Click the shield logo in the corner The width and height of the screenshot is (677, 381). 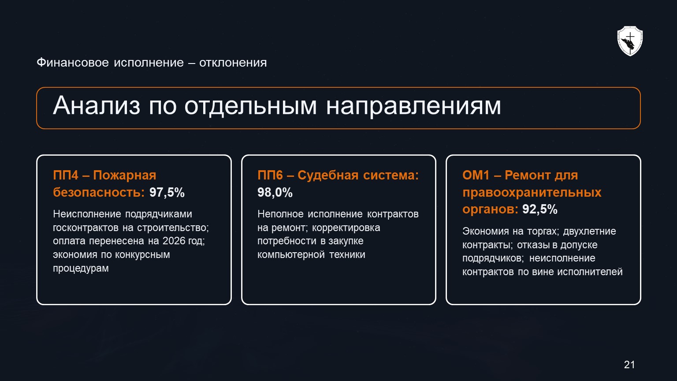point(630,41)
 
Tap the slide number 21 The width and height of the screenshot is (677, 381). point(629,365)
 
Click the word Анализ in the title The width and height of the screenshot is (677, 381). point(97,105)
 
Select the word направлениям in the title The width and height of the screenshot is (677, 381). point(413,106)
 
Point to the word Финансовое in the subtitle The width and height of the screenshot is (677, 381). point(73,63)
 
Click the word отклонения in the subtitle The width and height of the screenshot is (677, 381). point(233,63)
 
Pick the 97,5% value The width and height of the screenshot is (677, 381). point(167,192)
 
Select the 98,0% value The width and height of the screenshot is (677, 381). point(275,192)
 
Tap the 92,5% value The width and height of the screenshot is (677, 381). point(540,209)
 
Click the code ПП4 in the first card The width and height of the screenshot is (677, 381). point(66,175)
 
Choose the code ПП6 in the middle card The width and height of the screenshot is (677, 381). point(270,175)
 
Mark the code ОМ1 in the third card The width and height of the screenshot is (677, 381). point(476,175)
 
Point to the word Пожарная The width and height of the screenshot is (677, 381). point(125,176)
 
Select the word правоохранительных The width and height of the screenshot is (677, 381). point(532,193)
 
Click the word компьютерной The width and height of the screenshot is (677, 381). point(291,254)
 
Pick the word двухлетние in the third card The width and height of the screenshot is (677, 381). point(589,232)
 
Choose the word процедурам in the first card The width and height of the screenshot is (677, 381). point(81,269)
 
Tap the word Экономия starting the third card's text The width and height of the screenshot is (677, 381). point(486,231)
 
